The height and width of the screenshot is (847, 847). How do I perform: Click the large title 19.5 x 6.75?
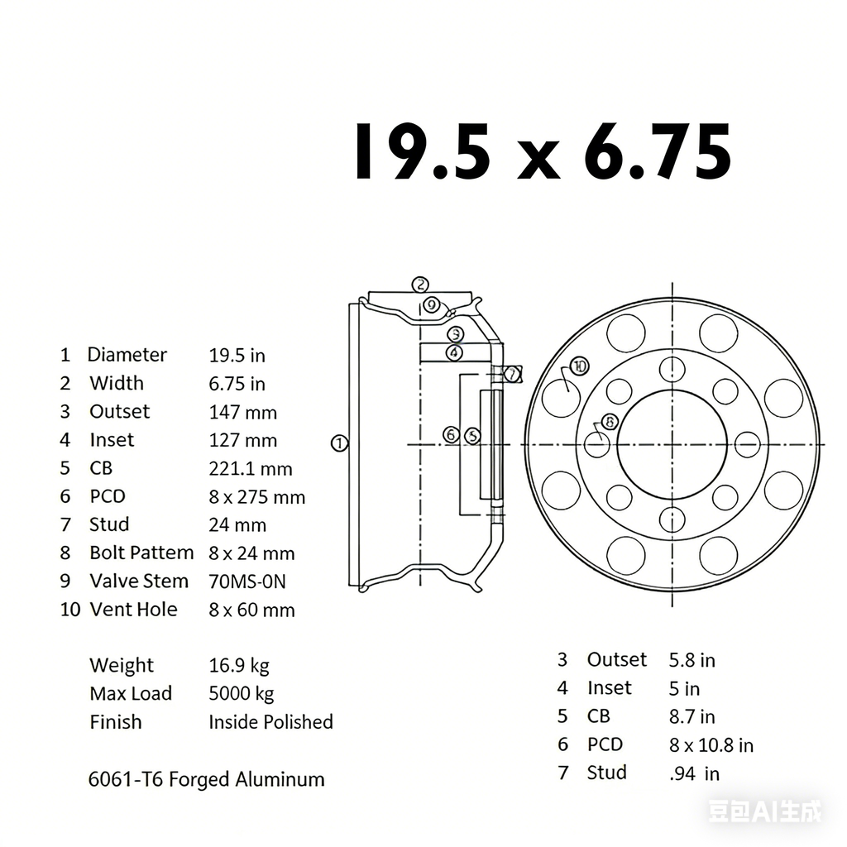click(x=543, y=152)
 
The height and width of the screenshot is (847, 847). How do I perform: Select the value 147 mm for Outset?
click(x=242, y=412)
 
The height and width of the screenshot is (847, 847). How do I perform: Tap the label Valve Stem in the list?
click(x=139, y=581)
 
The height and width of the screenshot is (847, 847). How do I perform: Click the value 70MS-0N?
click(x=247, y=581)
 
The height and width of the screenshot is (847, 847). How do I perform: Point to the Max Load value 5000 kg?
click(x=241, y=694)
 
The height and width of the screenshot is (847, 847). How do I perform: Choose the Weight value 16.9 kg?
click(x=238, y=666)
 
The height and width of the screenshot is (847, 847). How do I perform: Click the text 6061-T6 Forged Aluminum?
click(x=206, y=779)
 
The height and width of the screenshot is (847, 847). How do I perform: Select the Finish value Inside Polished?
click(x=270, y=722)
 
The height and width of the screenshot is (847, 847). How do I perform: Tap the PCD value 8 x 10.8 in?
click(x=711, y=745)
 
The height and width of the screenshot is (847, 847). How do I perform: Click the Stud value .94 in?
click(x=693, y=773)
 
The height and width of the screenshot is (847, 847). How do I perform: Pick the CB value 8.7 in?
click(x=691, y=717)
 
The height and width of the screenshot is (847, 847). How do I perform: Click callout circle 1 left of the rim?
click(x=339, y=443)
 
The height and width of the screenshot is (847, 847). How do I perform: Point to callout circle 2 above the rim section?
click(x=421, y=285)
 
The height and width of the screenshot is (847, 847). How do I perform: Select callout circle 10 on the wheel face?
click(x=578, y=366)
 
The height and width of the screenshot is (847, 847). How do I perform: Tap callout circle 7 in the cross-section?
click(x=513, y=374)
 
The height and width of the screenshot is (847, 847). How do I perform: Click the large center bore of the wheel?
click(x=672, y=444)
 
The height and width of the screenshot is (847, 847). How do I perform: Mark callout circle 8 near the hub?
click(x=610, y=421)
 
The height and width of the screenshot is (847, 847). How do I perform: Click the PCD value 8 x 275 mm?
click(x=256, y=497)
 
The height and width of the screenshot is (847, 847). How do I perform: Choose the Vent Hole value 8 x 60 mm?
click(x=251, y=610)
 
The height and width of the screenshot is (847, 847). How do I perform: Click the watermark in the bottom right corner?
click(x=765, y=811)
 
